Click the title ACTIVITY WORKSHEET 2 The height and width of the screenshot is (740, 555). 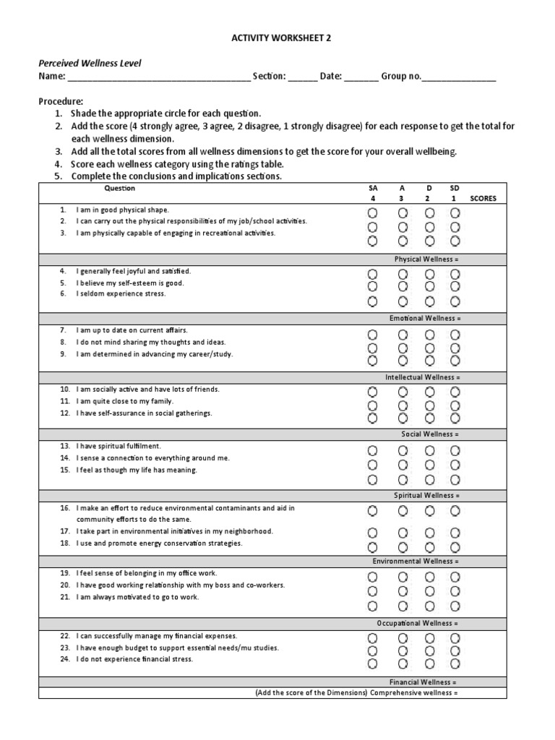(277, 37)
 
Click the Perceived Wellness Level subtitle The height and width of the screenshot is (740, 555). (90, 64)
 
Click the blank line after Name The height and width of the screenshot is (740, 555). (158, 77)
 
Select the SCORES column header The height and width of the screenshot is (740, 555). (483, 198)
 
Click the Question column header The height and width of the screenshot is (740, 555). (120, 188)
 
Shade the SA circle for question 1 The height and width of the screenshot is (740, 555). (372, 213)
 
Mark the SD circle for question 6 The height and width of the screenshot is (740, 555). (455, 301)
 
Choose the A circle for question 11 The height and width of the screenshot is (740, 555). (403, 405)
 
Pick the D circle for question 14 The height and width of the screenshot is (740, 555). (429, 465)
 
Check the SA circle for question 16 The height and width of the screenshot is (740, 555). (372, 511)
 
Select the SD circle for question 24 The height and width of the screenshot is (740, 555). (455, 664)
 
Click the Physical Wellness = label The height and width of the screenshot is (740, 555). (426, 259)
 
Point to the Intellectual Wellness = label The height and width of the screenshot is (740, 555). (422, 377)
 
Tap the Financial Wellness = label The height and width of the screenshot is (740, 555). (423, 681)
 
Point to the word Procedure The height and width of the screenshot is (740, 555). (61, 101)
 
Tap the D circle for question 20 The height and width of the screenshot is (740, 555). (429, 591)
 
